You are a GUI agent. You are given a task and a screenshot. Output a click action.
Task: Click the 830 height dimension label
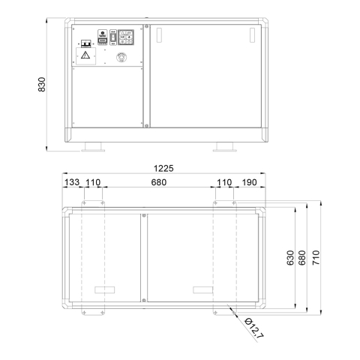42,85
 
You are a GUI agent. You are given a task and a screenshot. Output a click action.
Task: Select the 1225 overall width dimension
163,169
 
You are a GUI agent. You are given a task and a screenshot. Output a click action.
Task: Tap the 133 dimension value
72,182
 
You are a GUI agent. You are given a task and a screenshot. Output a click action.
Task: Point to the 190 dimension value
249,182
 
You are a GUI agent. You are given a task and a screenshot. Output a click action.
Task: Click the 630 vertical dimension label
290,258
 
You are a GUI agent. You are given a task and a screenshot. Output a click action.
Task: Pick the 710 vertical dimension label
316,258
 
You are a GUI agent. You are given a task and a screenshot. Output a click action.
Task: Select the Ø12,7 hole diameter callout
254,328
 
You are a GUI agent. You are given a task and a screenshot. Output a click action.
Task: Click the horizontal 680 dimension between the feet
159,182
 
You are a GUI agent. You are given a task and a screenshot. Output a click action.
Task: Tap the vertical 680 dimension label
302,258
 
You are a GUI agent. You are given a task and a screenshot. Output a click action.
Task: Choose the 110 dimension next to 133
93,182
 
